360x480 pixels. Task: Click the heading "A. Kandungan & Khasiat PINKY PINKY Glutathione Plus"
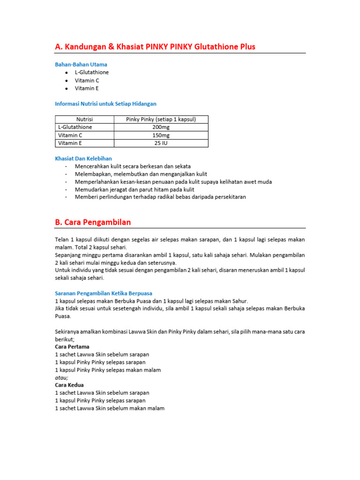155,46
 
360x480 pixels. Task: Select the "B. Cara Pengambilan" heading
93,222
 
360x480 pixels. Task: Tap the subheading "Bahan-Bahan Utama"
81,64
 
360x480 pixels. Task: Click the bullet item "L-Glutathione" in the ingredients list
91,72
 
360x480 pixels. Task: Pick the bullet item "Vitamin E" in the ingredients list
87,88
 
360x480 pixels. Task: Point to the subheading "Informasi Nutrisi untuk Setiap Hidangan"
105,104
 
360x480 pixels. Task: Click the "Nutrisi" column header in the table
84,120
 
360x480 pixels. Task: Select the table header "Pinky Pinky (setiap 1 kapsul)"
161,120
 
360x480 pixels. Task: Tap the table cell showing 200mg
161,127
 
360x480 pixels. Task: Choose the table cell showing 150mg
161,135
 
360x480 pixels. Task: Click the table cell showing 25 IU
161,143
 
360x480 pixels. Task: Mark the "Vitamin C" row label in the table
70,135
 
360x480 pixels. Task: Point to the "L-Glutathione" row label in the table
75,127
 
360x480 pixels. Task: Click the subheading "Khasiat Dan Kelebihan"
83,158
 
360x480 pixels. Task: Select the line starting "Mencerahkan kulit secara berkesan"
133,166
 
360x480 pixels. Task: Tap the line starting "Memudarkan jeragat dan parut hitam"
135,189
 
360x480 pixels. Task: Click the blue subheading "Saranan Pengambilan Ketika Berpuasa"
104,293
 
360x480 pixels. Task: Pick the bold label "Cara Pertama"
72,347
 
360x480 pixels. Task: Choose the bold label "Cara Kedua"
69,385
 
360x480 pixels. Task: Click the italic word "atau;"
62,377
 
